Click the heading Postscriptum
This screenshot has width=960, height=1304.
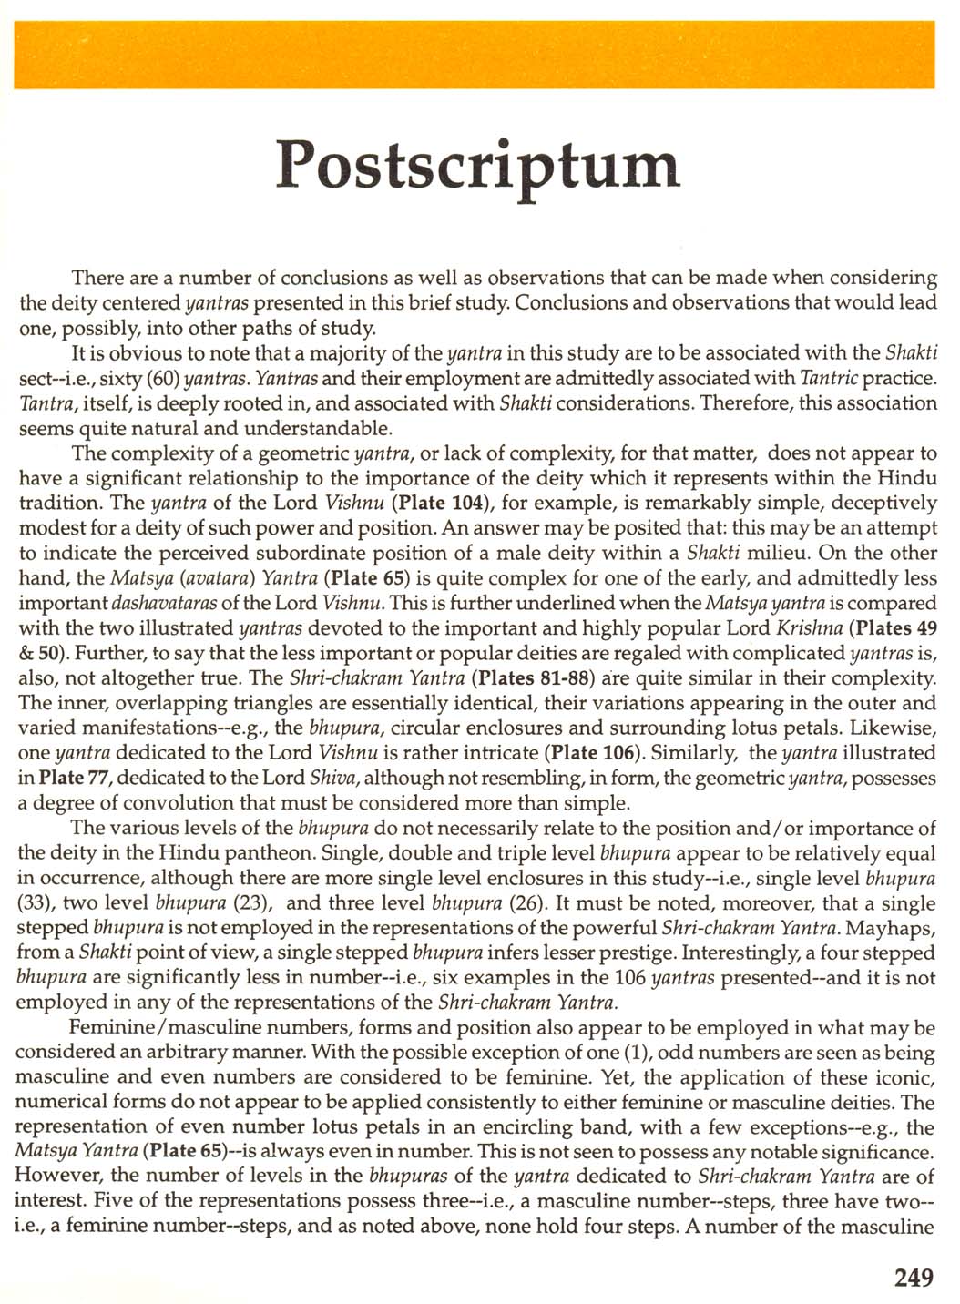pyautogui.click(x=478, y=166)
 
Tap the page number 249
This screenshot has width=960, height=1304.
pyautogui.click(x=914, y=1278)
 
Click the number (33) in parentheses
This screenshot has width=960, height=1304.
pyautogui.click(x=35, y=903)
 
